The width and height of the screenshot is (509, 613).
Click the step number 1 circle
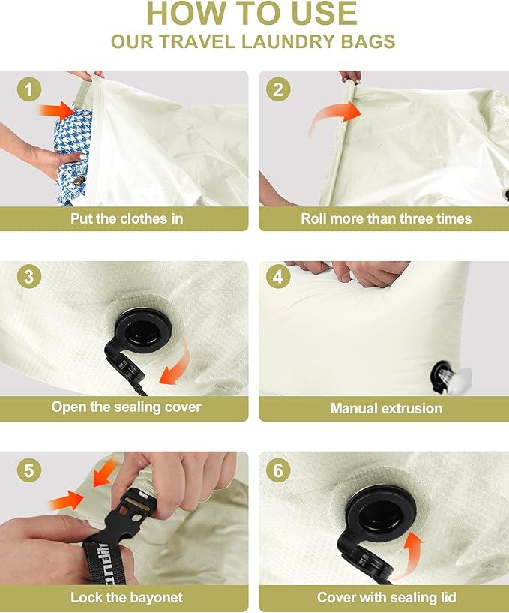pyautogui.click(x=28, y=90)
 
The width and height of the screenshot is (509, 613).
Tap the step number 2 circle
pyautogui.click(x=277, y=90)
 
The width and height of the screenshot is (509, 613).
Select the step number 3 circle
pyautogui.click(x=28, y=276)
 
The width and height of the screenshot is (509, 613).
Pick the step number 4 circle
pyautogui.click(x=277, y=276)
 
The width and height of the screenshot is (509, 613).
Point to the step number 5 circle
pyautogui.click(x=28, y=470)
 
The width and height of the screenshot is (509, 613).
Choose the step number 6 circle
pyautogui.click(x=277, y=470)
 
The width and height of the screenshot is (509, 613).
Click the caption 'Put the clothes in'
pyautogui.click(x=127, y=218)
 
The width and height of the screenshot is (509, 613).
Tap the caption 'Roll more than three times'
pyautogui.click(x=386, y=218)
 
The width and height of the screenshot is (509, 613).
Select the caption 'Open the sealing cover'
pyautogui.click(x=126, y=407)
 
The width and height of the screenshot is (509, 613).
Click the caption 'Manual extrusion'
pyautogui.click(x=386, y=408)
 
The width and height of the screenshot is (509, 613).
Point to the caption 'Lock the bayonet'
pyautogui.click(x=127, y=598)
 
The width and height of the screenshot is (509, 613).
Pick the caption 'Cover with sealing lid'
pyautogui.click(x=386, y=598)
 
